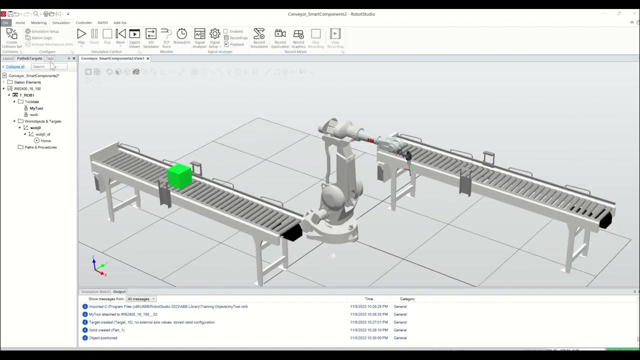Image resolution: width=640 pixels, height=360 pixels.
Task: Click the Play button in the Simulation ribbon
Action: [81, 34]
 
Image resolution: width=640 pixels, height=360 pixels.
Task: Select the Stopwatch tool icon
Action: [182, 34]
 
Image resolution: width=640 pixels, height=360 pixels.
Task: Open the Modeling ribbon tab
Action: [38, 22]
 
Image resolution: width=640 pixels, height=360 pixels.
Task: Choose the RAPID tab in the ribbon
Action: [102, 22]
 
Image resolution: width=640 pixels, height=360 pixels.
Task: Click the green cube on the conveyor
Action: [179, 176]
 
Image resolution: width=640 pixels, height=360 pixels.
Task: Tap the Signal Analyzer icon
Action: [199, 34]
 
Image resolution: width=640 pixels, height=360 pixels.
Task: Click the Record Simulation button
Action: [259, 34]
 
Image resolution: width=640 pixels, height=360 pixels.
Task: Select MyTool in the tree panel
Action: [36, 108]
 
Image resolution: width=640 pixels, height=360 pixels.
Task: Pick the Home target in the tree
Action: [45, 140]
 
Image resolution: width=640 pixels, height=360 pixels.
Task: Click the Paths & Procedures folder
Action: [40, 147]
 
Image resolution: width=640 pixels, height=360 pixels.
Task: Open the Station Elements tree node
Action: [27, 82]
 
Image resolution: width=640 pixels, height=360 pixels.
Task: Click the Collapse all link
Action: [15, 66]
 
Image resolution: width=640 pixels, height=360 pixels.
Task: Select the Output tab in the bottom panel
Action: [119, 291]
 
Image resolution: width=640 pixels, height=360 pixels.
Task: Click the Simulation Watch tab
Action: [95, 291]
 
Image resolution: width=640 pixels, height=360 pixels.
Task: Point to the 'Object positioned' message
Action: [103, 338]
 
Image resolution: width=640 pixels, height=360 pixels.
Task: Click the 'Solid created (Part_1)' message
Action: [106, 330]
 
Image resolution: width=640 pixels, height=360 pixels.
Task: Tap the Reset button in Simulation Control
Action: [120, 34]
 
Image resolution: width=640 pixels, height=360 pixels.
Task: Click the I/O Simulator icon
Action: [150, 34]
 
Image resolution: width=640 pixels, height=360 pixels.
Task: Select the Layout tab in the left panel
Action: [8, 58]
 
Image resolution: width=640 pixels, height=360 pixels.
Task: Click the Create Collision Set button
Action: [12, 34]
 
